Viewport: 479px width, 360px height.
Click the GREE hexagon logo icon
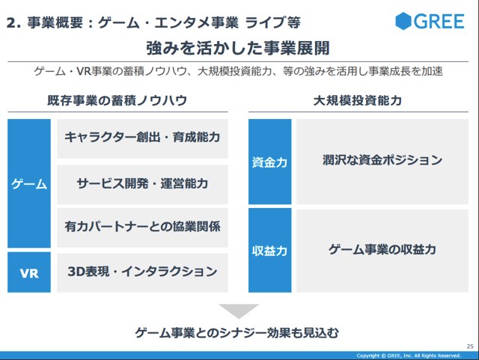point(403,21)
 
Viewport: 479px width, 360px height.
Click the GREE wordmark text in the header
point(439,22)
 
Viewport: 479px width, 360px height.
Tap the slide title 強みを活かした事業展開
point(238,48)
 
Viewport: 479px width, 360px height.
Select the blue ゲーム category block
point(29,183)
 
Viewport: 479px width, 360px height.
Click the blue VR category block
point(29,272)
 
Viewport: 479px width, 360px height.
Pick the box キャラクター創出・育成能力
point(142,138)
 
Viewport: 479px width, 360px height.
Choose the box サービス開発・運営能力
point(142,185)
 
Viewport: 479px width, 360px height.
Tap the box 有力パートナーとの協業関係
point(142,228)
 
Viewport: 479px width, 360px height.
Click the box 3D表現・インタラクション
point(142,272)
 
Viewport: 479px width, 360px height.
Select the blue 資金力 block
point(269,162)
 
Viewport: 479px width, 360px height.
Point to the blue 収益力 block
point(269,250)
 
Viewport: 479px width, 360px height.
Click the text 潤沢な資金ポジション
point(382,160)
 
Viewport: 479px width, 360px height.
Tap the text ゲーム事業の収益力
point(382,249)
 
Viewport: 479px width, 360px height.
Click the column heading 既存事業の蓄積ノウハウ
point(118,100)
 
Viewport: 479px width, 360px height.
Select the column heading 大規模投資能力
point(358,100)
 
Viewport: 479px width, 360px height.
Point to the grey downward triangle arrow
point(239,310)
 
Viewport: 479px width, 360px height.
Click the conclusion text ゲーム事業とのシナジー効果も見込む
point(237,332)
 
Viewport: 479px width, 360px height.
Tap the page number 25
point(470,347)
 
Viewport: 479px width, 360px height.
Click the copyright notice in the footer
point(409,356)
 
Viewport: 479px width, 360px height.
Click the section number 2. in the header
point(13,23)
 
